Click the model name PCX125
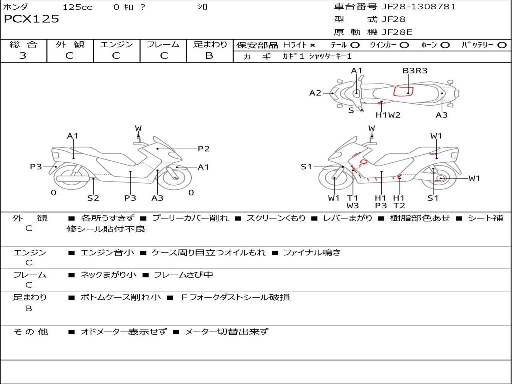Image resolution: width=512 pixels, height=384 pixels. [x=31, y=19]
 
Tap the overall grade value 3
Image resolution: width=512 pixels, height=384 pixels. [x=23, y=56]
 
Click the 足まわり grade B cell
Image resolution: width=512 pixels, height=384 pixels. [x=209, y=56]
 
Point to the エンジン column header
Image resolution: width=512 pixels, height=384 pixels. [x=116, y=44]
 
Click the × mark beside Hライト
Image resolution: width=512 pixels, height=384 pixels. [x=313, y=45]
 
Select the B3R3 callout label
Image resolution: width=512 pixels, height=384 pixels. [x=415, y=71]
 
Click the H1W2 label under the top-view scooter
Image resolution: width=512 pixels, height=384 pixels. [x=388, y=115]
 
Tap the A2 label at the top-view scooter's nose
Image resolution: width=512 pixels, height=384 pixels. [x=315, y=93]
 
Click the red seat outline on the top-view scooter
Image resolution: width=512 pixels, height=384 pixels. [x=403, y=91]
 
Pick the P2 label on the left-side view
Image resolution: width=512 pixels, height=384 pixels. [x=203, y=148]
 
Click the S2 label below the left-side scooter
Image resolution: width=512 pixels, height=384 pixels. [x=93, y=198]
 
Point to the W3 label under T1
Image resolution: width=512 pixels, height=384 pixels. [x=353, y=205]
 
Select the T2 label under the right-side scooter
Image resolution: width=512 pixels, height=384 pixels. [x=399, y=205]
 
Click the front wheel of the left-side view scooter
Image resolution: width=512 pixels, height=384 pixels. [x=176, y=178]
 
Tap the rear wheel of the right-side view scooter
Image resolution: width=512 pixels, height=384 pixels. [x=440, y=179]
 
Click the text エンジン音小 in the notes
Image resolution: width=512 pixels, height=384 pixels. [x=107, y=253]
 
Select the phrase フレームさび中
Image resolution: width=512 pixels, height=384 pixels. [x=183, y=275]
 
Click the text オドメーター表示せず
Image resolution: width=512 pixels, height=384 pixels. [x=123, y=331]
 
